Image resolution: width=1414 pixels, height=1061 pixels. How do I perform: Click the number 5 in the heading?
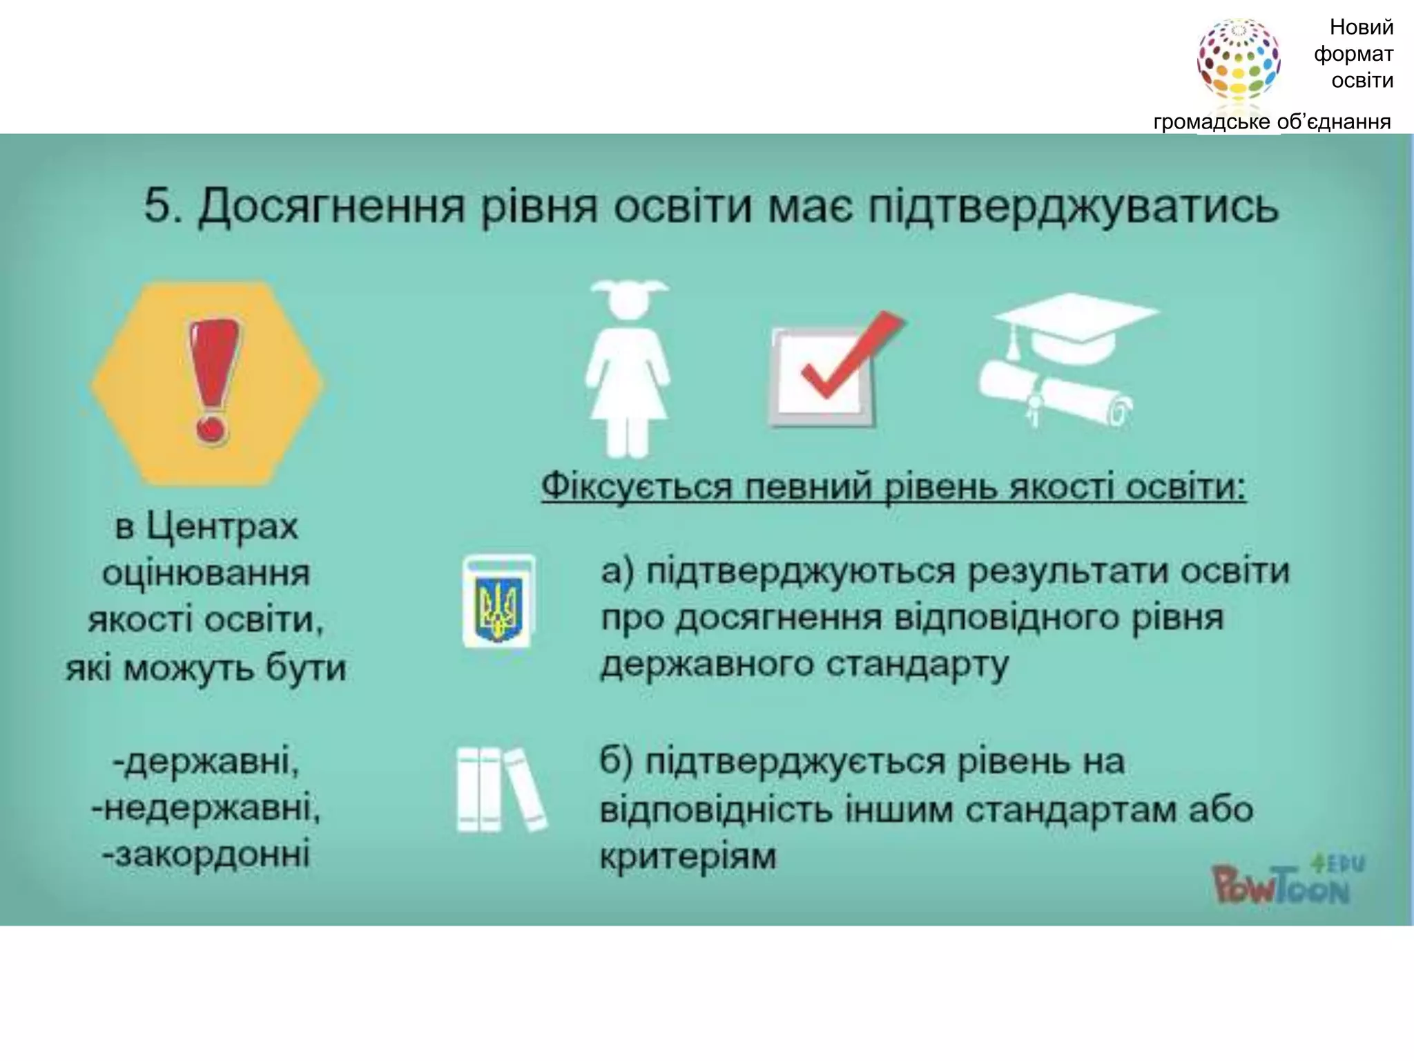click(x=157, y=206)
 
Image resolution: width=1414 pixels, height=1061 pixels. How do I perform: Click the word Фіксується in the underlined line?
click(x=636, y=486)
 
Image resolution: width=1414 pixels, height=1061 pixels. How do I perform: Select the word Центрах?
click(x=222, y=528)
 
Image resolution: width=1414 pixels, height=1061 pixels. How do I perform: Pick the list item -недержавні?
click(x=206, y=808)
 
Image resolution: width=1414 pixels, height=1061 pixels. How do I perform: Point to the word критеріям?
click(x=688, y=857)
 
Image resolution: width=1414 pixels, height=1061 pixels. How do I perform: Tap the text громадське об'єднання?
click(x=1272, y=122)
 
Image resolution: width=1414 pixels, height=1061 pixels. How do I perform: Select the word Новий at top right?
click(x=1361, y=28)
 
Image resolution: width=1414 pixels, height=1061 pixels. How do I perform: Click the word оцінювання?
click(x=206, y=573)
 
